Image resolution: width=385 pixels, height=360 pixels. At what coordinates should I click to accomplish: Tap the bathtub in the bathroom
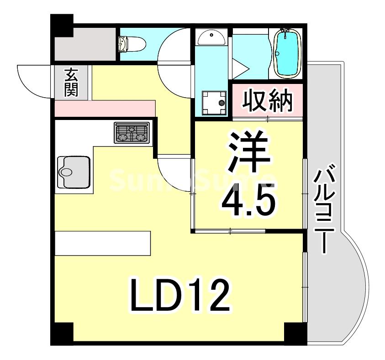pyautogui.click(x=288, y=52)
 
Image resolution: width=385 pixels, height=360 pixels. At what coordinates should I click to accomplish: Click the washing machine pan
pyautogui.click(x=214, y=102)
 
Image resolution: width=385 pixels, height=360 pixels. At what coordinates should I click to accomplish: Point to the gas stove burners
pyautogui.click(x=132, y=133)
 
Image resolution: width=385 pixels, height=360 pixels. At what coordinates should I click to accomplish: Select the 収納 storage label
pyautogui.click(x=267, y=100)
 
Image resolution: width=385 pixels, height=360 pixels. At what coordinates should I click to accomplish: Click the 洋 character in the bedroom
pyautogui.click(x=248, y=153)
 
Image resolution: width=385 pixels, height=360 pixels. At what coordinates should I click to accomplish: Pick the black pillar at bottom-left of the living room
pyautogui.click(x=62, y=334)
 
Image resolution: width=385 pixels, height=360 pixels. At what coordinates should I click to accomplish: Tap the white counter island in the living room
pyautogui.click(x=102, y=244)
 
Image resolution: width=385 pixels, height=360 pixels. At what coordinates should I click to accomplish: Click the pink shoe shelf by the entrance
pyautogui.click(x=105, y=108)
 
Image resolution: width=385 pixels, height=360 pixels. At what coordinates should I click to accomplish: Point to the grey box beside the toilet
pyautogui.click(x=85, y=45)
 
